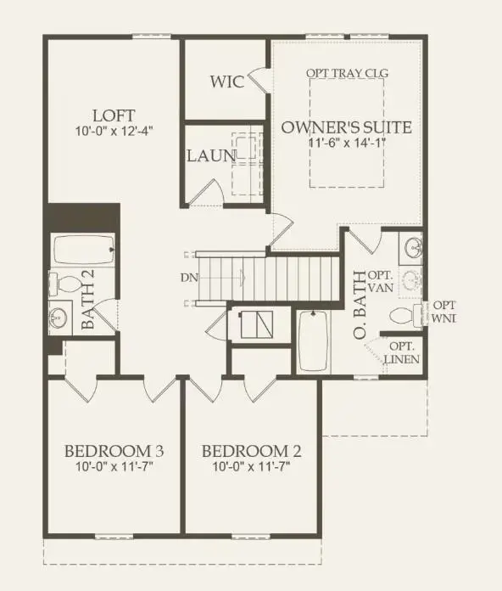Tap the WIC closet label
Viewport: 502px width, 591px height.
click(x=226, y=82)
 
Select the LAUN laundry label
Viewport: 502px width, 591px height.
click(x=211, y=156)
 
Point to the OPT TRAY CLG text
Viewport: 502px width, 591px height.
click(x=347, y=73)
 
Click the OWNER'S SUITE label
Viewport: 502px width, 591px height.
click(x=347, y=127)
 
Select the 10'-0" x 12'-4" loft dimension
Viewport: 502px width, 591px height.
click(x=114, y=132)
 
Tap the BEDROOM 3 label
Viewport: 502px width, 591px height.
click(x=114, y=451)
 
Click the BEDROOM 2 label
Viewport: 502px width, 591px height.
click(x=251, y=451)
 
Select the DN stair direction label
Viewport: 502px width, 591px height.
click(x=185, y=277)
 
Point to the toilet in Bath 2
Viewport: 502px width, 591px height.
click(x=62, y=283)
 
